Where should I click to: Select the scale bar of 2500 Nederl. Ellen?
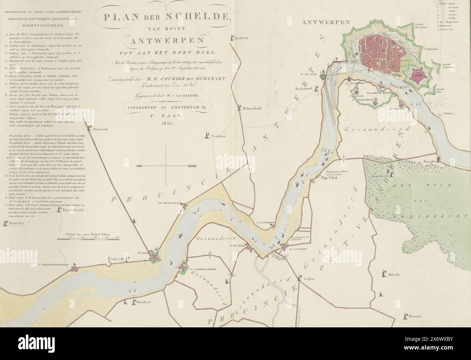(x=89, y=238)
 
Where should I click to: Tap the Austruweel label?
(x=305, y=88)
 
